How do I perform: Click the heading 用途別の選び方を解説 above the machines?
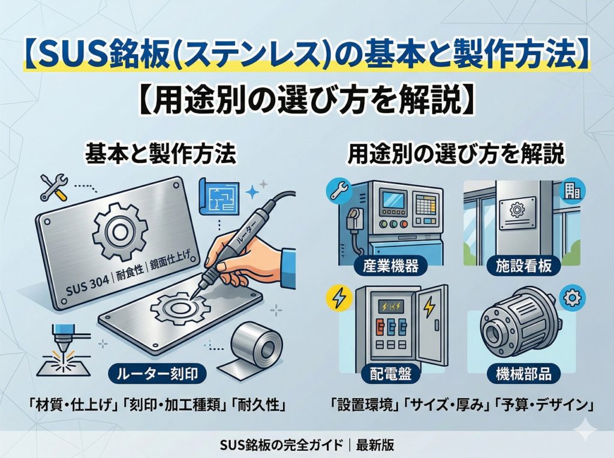tap(456, 155)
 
